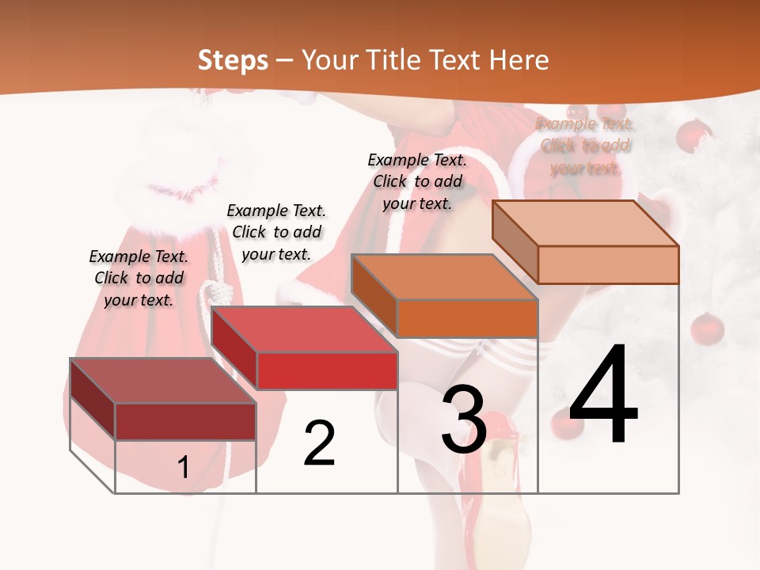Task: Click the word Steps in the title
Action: click(x=232, y=60)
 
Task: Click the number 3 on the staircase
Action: click(x=463, y=420)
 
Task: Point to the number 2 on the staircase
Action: click(x=319, y=443)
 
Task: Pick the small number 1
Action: click(x=183, y=468)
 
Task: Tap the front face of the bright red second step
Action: click(x=327, y=370)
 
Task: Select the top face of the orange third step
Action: click(x=444, y=277)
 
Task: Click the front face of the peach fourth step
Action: click(x=607, y=264)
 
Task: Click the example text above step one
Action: click(x=139, y=278)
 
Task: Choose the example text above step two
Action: click(x=276, y=232)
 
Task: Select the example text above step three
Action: click(x=417, y=181)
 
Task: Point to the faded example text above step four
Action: click(x=585, y=146)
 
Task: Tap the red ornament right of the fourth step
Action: click(x=706, y=329)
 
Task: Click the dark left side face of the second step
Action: click(x=234, y=348)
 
